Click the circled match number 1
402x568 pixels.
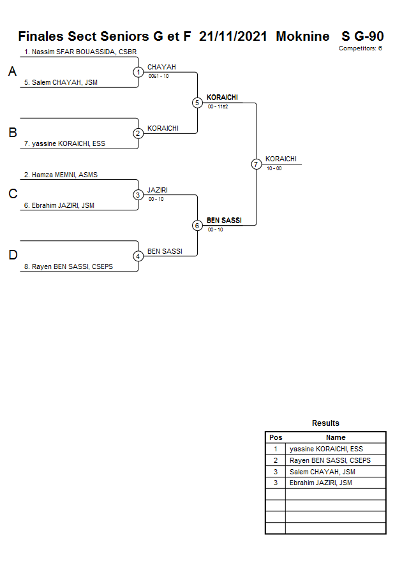click(x=138, y=72)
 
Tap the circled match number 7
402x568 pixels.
click(x=257, y=164)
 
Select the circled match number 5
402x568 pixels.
click(x=197, y=103)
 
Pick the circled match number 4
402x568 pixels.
click(x=138, y=256)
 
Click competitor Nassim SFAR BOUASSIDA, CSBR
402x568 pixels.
click(x=80, y=52)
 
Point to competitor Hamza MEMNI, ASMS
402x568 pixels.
click(x=61, y=175)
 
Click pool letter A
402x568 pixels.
click(x=12, y=72)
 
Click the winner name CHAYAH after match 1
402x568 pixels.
click(x=161, y=67)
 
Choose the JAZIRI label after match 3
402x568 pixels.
click(x=158, y=190)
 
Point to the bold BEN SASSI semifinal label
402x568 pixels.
click(x=224, y=221)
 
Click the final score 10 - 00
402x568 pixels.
click(x=274, y=168)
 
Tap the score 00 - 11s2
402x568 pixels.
click(x=218, y=107)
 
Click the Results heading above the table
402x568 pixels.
click(x=325, y=423)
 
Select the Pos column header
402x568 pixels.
click(x=276, y=437)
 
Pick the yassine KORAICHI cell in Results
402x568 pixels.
click(x=326, y=449)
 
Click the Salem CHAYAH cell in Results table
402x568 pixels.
click(x=322, y=472)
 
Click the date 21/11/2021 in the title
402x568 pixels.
click(x=233, y=36)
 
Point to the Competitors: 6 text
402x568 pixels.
click(x=361, y=48)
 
